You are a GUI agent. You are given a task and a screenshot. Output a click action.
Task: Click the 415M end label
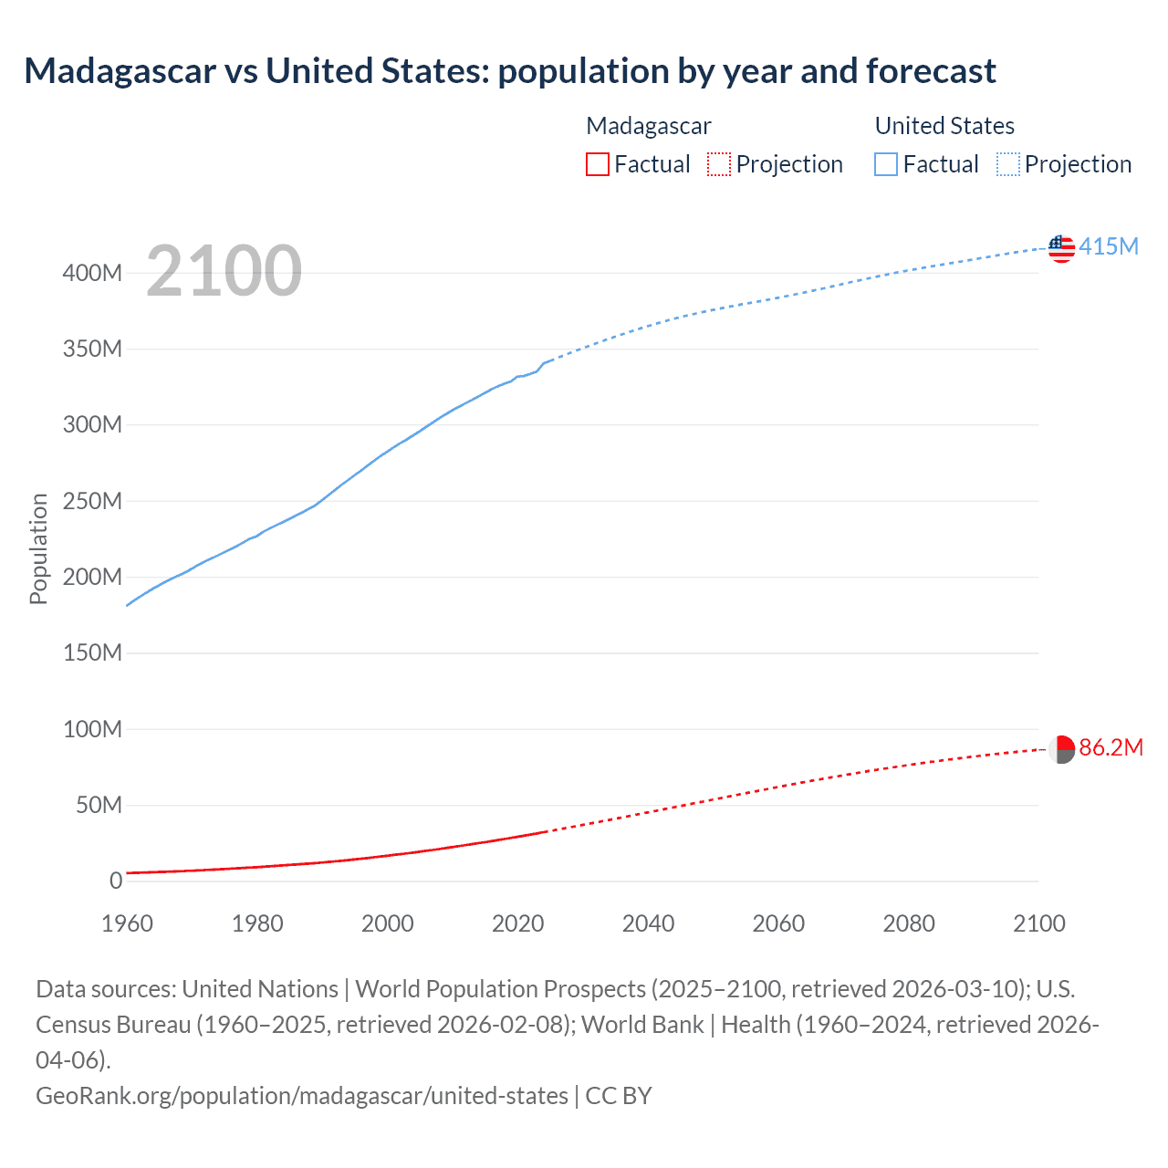(x=1109, y=246)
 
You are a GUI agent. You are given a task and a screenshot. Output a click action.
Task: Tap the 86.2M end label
(x=1111, y=748)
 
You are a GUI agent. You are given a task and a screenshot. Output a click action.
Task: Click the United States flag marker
(x=1061, y=248)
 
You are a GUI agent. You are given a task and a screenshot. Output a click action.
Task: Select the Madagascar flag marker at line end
(x=1061, y=749)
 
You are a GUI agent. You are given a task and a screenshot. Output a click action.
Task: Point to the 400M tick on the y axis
(x=92, y=273)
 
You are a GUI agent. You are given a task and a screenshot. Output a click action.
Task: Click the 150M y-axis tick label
(x=92, y=653)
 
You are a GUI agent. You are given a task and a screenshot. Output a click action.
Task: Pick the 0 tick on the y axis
(x=116, y=881)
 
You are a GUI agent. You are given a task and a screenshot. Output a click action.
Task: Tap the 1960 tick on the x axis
(x=127, y=923)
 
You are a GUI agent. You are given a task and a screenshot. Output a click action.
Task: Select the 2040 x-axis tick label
(x=648, y=923)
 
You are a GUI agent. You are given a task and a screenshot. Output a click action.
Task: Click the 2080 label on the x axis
(x=909, y=923)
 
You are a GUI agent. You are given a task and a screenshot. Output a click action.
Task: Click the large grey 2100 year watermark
(x=224, y=271)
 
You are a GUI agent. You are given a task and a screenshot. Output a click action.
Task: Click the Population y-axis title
(x=38, y=548)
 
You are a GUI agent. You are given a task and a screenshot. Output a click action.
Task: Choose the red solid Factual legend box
(x=598, y=164)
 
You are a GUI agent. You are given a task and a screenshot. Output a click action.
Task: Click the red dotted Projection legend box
(x=719, y=164)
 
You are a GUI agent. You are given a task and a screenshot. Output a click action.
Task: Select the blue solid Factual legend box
(x=886, y=164)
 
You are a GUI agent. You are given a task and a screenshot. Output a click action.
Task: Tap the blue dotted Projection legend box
(x=1008, y=164)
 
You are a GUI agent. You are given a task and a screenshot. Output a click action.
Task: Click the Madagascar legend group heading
(x=648, y=126)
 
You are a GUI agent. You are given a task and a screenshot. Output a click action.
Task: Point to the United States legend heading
(x=944, y=126)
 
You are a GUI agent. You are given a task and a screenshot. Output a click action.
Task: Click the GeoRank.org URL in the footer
(x=301, y=1096)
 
